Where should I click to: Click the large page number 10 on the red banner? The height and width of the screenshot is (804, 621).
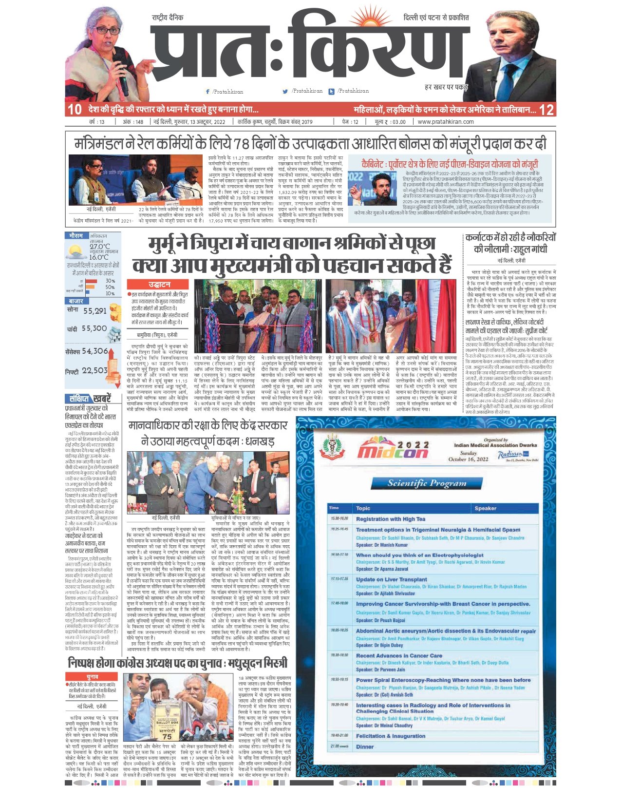pos(75,109)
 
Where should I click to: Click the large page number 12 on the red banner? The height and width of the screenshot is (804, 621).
pos(546,109)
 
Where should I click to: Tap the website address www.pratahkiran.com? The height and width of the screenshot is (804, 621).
pos(445,122)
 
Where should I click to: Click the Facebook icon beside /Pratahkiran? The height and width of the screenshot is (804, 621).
pos(208,92)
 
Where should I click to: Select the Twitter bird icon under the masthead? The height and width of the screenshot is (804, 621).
pos(285,91)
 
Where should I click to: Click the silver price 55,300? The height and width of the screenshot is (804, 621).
pos(94,329)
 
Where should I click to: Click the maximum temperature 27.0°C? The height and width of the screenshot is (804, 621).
pos(99,247)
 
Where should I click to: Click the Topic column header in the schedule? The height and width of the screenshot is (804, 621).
pos(363,508)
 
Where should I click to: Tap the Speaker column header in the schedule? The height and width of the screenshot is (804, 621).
pos(485,508)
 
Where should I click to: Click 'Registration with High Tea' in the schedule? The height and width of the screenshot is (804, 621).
pos(390,519)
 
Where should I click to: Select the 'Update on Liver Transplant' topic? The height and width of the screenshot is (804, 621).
pos(391,579)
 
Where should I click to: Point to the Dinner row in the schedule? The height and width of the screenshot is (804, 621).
pos(365,747)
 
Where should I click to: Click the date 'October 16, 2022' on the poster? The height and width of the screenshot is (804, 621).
pos(468,459)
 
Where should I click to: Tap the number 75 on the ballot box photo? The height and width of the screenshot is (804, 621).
pos(167,737)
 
